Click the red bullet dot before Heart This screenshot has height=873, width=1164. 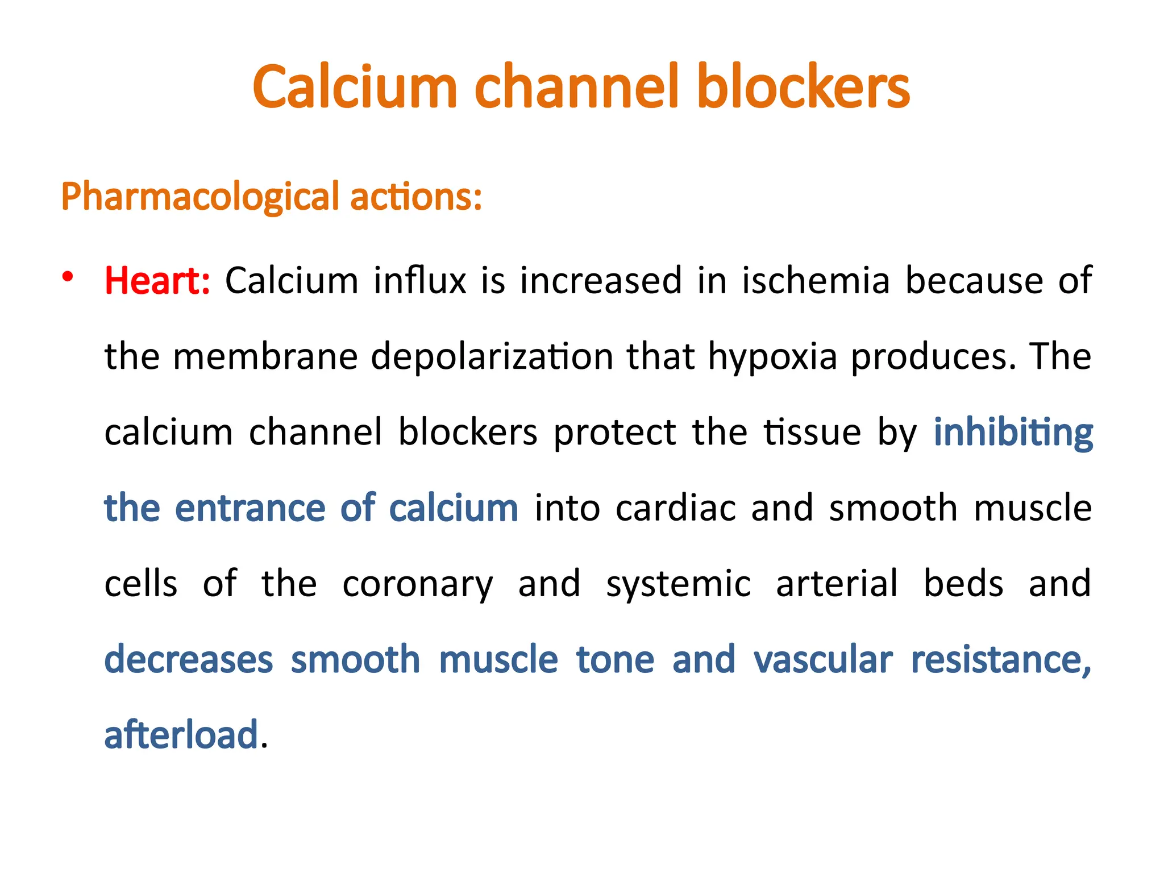[x=68, y=277]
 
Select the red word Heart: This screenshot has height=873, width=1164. [x=157, y=281]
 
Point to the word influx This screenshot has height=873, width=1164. [x=420, y=281]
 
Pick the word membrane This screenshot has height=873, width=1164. [x=265, y=356]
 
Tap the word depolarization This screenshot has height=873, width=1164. [x=492, y=357]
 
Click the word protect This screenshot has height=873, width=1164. [x=615, y=433]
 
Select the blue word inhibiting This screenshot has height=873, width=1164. [x=1013, y=433]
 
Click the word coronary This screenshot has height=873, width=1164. [x=418, y=584]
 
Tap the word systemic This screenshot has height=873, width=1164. [x=678, y=584]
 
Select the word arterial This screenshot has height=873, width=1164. [x=837, y=583]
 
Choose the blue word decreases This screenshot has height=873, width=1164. [x=189, y=659]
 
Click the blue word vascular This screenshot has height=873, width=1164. [x=823, y=659]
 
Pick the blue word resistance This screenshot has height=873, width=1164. [x=1001, y=659]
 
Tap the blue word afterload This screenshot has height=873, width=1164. [x=181, y=734]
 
